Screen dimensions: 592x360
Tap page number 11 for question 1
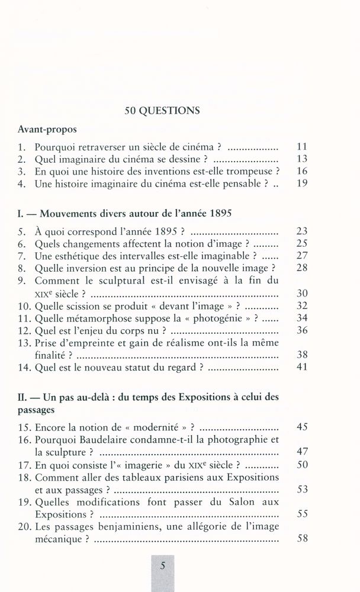(x=302, y=146)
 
